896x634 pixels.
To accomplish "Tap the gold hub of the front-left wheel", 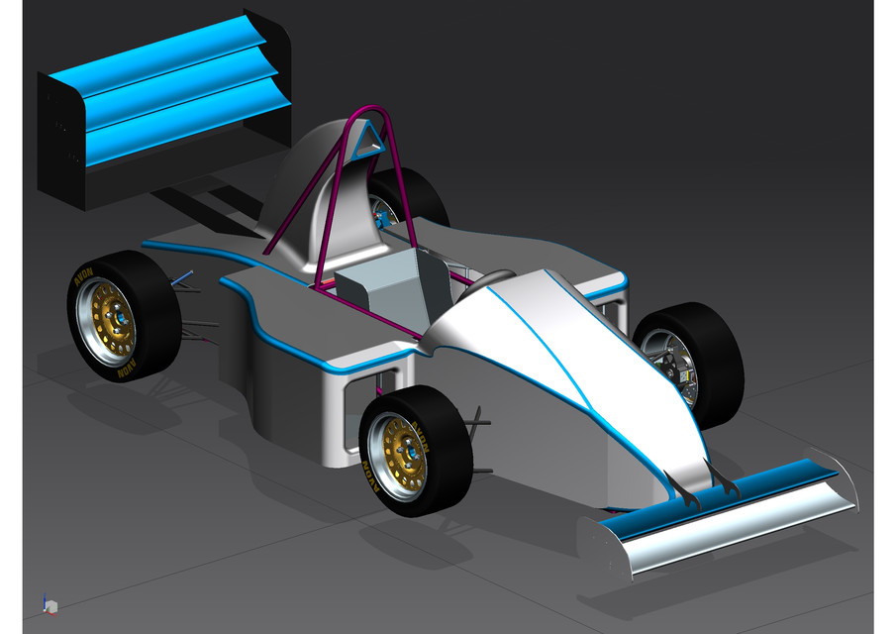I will pos(405,452).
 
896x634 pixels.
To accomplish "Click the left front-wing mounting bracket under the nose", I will pos(681,486).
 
